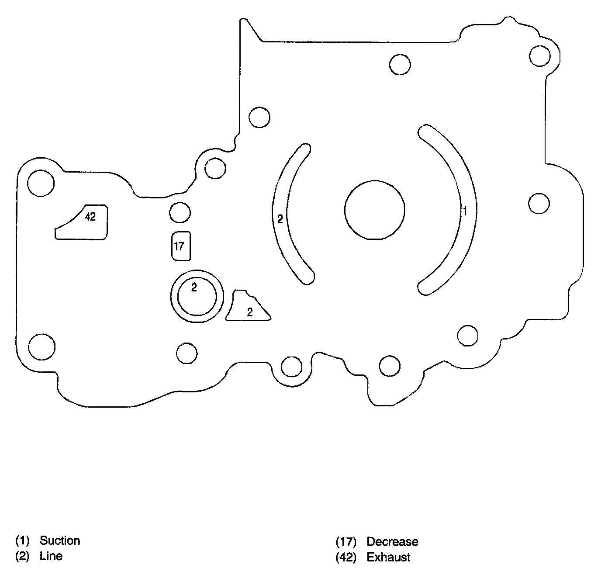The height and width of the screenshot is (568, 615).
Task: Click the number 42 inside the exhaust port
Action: tap(90, 216)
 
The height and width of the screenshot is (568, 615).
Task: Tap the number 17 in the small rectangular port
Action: tap(179, 246)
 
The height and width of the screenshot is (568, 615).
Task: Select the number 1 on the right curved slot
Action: tap(465, 211)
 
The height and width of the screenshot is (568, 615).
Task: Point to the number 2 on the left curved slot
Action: tap(280, 219)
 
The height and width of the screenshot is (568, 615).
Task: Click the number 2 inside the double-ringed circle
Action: tap(194, 287)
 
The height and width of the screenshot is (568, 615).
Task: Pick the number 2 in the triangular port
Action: tap(250, 312)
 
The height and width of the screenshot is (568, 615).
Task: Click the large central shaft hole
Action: tap(374, 210)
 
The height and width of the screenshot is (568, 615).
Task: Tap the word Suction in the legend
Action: tap(60, 540)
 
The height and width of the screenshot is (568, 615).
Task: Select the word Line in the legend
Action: tap(51, 556)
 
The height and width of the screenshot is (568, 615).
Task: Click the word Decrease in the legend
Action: tap(392, 542)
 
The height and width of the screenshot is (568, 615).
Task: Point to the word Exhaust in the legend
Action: tap(388, 558)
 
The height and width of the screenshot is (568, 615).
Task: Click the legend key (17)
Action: tap(346, 542)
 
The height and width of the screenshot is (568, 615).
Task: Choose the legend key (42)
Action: tap(346, 558)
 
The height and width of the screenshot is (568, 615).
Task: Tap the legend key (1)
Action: tap(22, 540)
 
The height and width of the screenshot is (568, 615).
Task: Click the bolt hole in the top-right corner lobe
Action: tap(539, 55)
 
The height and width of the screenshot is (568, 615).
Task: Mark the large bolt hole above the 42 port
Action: tap(41, 183)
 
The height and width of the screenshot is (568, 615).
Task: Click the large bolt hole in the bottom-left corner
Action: tap(41, 347)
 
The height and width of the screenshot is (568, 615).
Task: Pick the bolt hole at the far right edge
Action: tap(539, 203)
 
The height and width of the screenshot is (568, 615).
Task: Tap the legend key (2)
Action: tap(22, 556)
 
